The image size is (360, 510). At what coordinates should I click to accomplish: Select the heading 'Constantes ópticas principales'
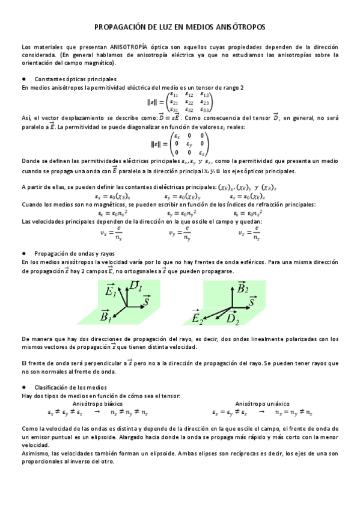click(x=76, y=79)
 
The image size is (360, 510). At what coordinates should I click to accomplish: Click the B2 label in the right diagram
click(x=242, y=288)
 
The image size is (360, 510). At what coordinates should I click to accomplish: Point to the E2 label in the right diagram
click(x=198, y=317)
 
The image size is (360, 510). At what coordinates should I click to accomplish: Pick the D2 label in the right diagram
click(x=233, y=321)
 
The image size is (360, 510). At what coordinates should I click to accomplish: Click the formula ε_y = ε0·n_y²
click(x=180, y=213)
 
